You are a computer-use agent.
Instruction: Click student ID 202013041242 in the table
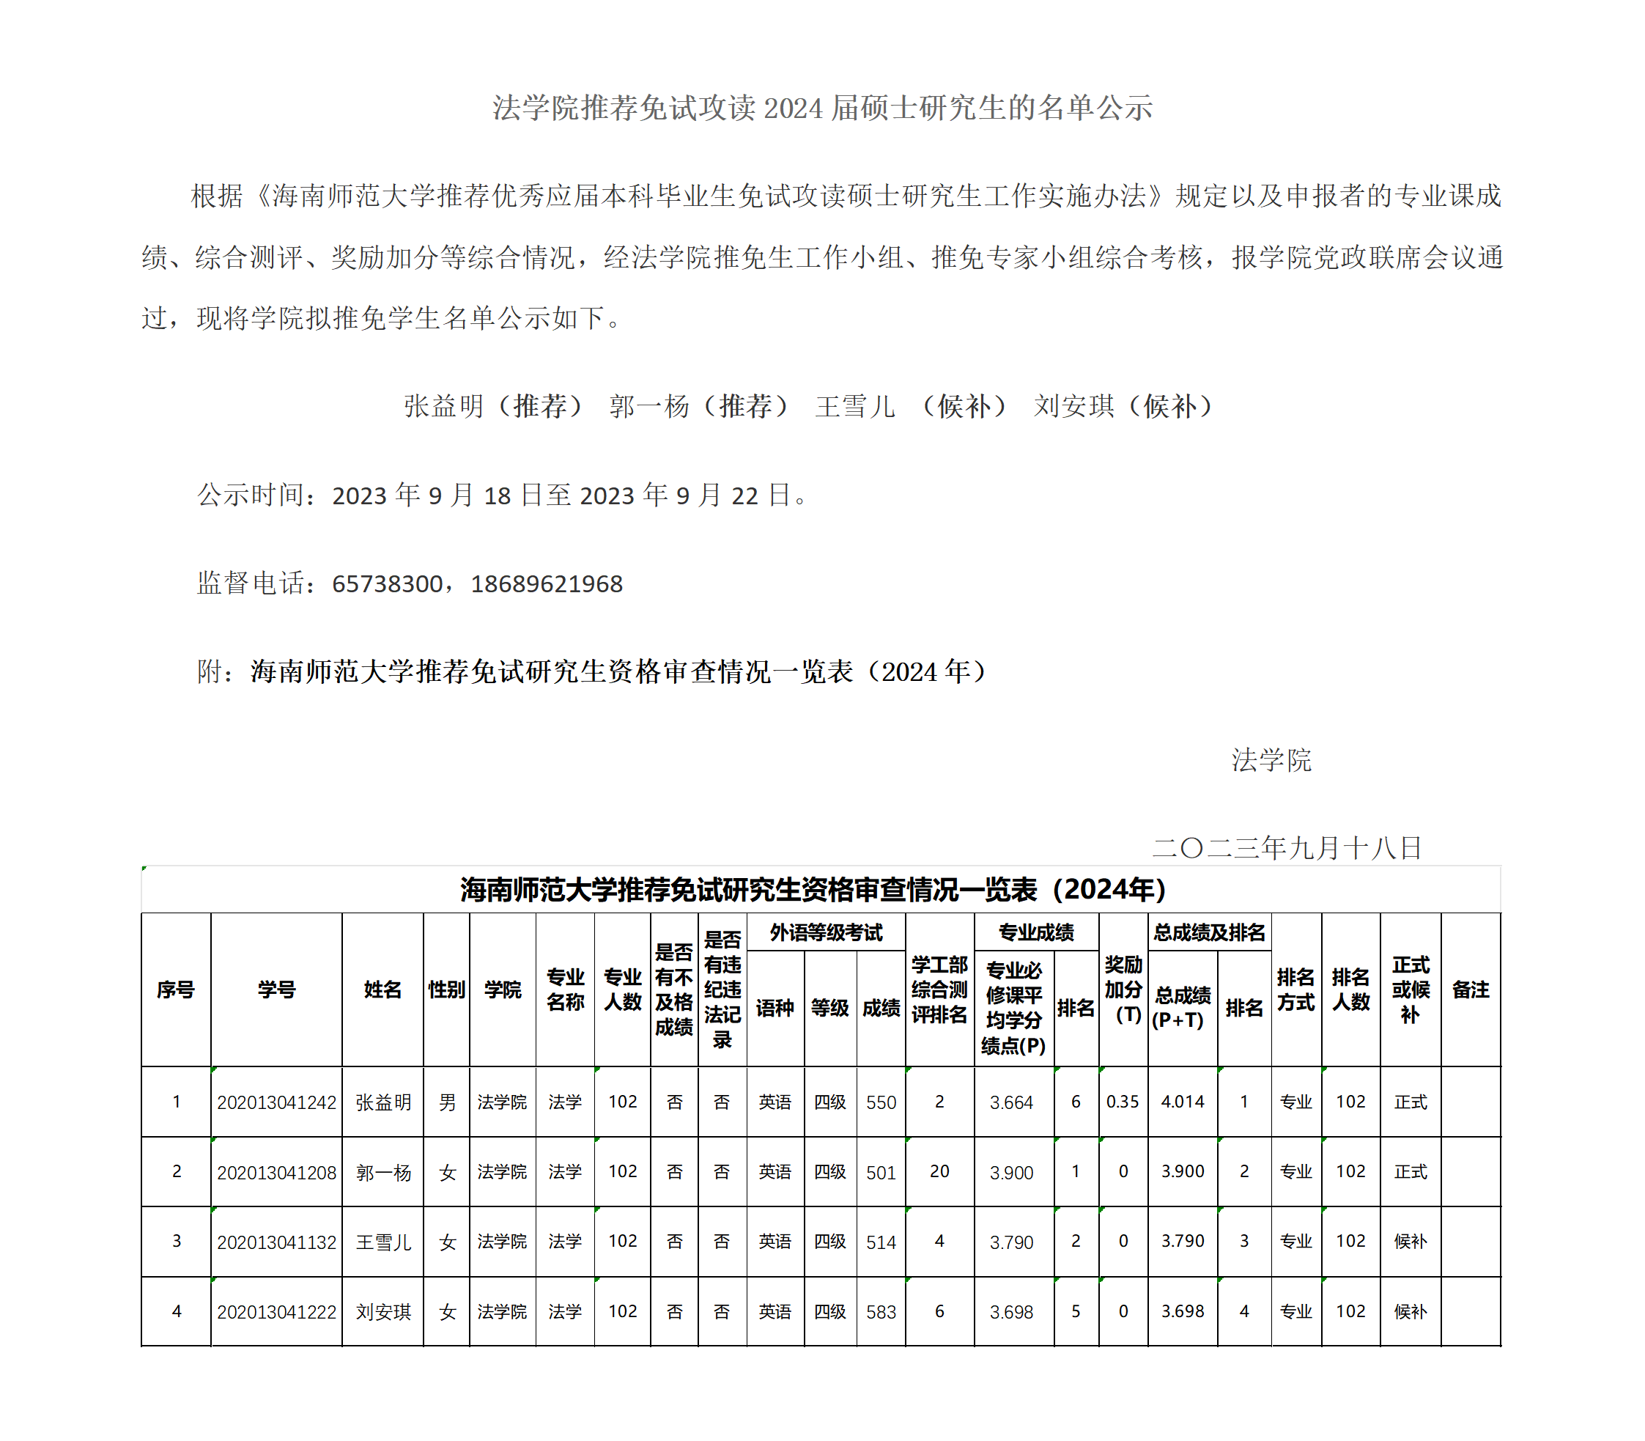pyautogui.click(x=276, y=1102)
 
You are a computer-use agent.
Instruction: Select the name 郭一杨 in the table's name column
pyautogui.click(x=382, y=1173)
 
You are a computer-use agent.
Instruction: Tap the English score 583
pyautogui.click(x=881, y=1312)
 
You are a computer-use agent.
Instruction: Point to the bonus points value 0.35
pyautogui.click(x=1123, y=1102)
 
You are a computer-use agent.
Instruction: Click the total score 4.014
pyautogui.click(x=1182, y=1102)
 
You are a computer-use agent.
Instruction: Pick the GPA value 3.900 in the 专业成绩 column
pyautogui.click(x=1011, y=1173)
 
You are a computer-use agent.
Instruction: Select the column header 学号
pyautogui.click(x=276, y=990)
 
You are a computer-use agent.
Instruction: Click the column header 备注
pyautogui.click(x=1471, y=990)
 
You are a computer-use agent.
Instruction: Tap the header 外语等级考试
pyautogui.click(x=826, y=933)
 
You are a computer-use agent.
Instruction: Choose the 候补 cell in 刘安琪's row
pyautogui.click(x=1411, y=1312)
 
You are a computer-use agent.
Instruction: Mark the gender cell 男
pyautogui.click(x=447, y=1102)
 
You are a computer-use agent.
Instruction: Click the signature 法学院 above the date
pyautogui.click(x=1271, y=760)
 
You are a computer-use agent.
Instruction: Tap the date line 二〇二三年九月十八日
pyautogui.click(x=1287, y=847)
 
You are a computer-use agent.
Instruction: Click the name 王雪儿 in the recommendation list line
pyautogui.click(x=854, y=406)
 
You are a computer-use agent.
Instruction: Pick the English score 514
pyautogui.click(x=881, y=1242)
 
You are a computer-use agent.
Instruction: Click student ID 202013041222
pyautogui.click(x=276, y=1312)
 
